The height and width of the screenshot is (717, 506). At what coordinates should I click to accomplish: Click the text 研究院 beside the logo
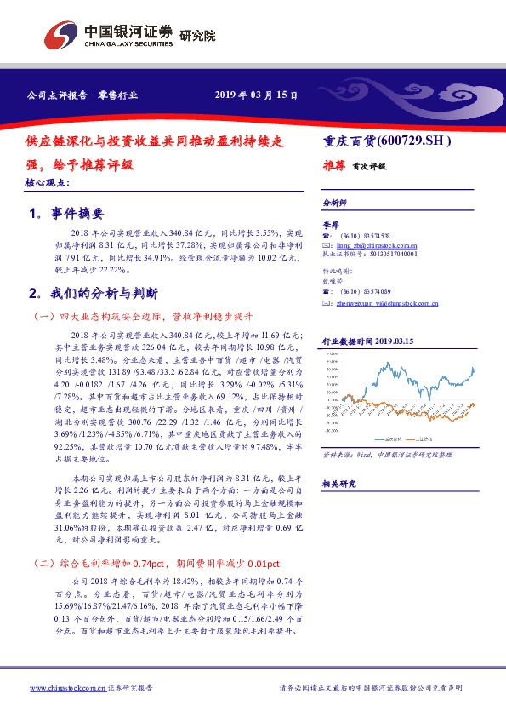(x=197, y=36)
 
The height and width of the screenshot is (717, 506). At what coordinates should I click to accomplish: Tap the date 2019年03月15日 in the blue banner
(x=255, y=96)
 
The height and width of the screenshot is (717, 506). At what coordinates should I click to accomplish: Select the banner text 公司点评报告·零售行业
(x=82, y=96)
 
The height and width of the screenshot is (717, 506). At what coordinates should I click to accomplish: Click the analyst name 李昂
(x=330, y=225)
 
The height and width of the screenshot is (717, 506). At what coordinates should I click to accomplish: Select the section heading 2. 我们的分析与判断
(x=94, y=293)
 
